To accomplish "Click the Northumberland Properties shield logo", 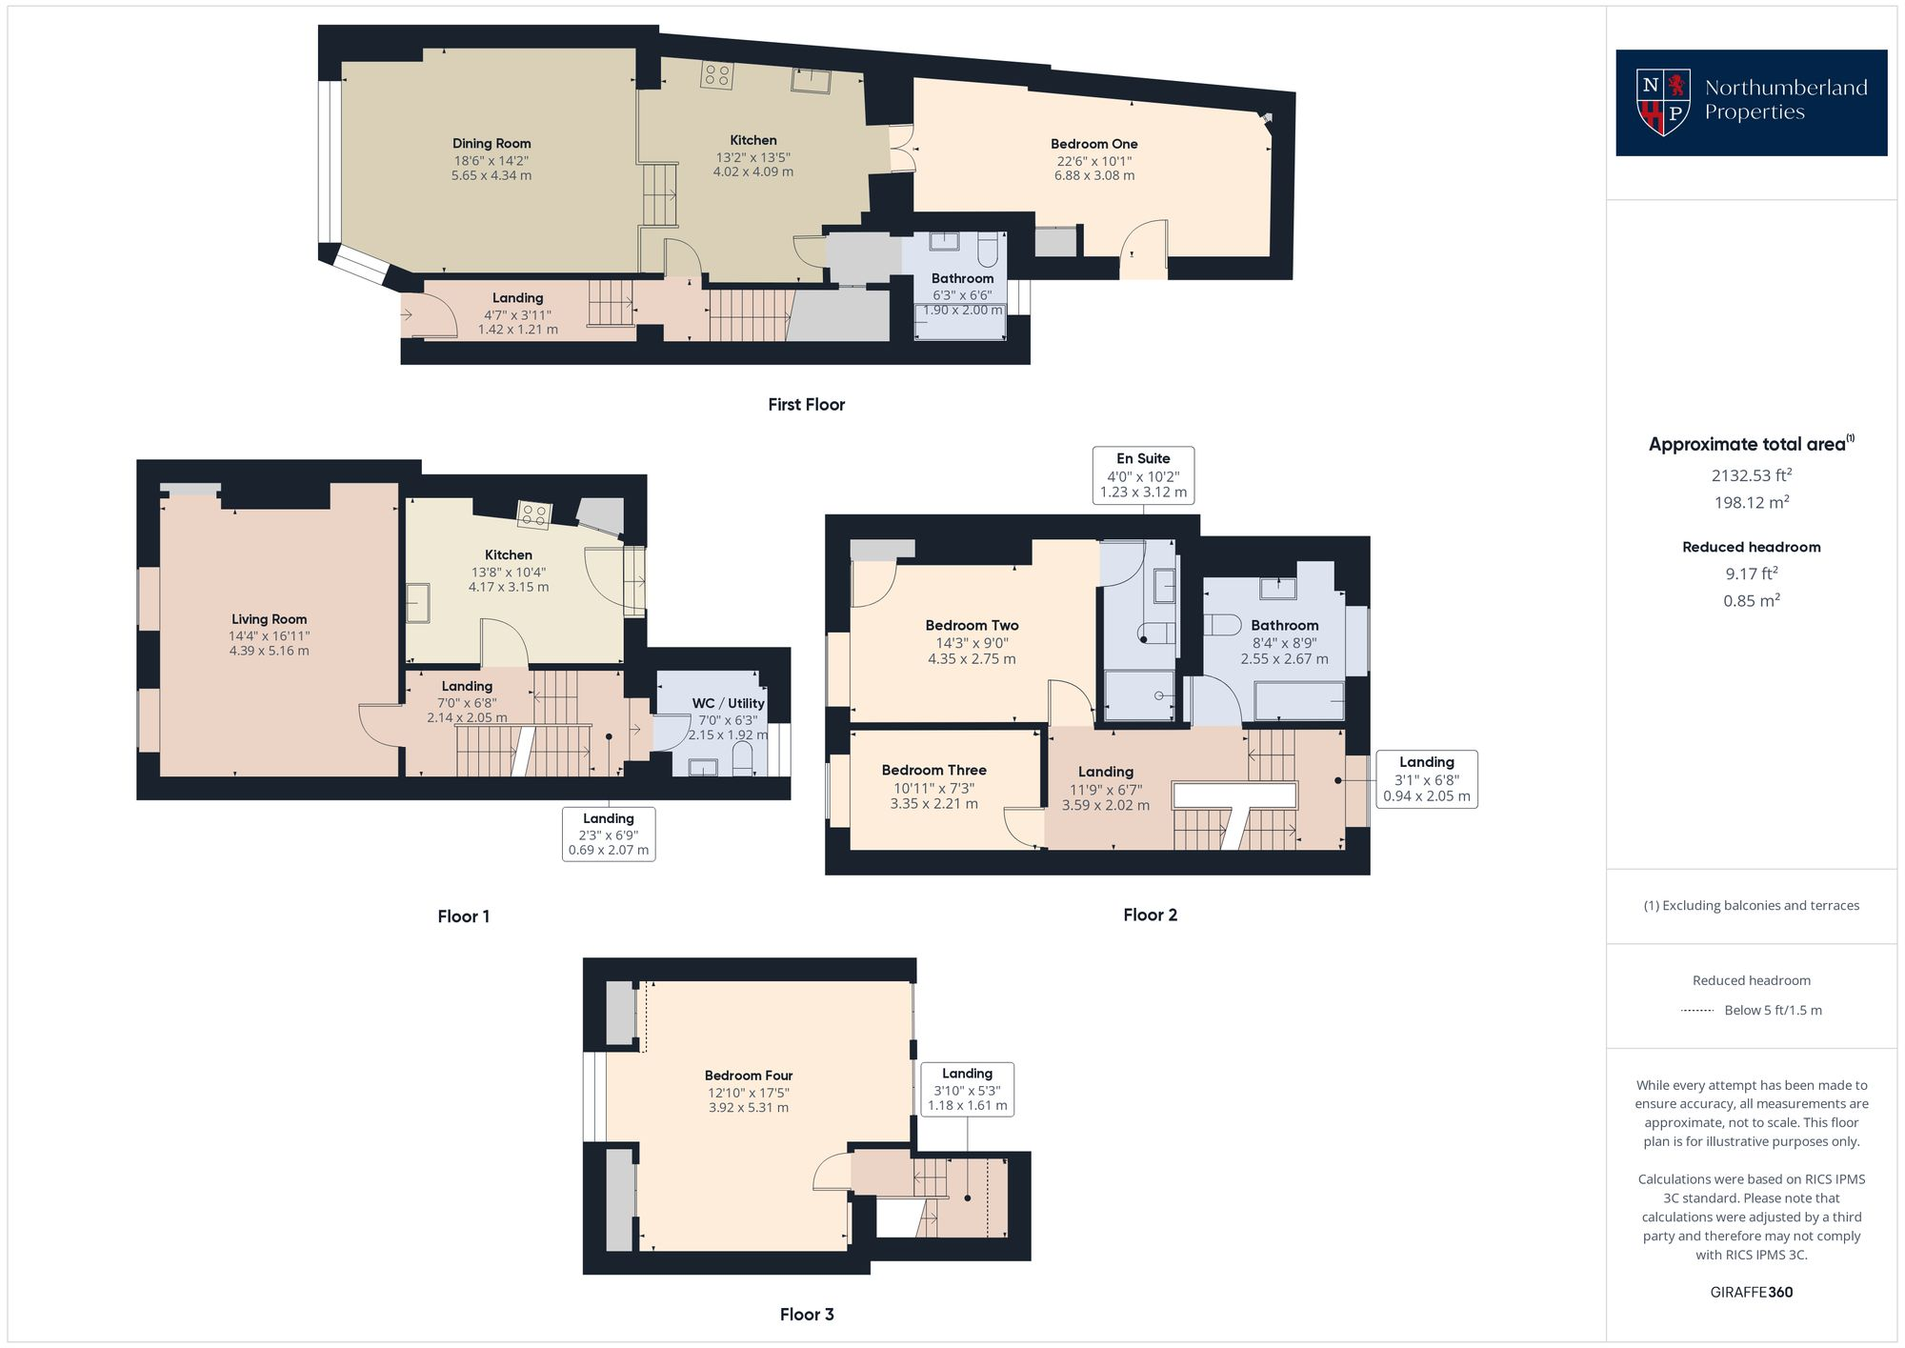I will coord(1662,102).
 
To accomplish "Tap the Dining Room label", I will coord(491,144).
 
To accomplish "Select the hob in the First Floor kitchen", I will coord(716,75).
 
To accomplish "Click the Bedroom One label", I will coord(1093,144).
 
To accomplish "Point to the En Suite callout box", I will coord(1143,474).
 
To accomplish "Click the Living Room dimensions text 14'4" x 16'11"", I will coord(269,635).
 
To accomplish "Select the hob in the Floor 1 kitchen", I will coord(533,515).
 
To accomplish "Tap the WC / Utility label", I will coord(728,703).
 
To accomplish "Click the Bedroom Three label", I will coord(933,770).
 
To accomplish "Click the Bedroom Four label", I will coord(749,1076).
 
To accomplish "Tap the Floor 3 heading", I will coord(807,1314).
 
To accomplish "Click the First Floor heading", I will coord(807,404).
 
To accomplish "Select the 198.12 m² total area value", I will coord(1751,502).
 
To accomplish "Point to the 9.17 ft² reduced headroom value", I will coord(1751,573).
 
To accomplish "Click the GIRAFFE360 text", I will coord(1751,1292).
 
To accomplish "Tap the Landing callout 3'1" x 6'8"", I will coord(1426,778).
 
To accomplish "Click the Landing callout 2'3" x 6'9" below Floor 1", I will coord(608,834).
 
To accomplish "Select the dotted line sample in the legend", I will coord(1698,1011).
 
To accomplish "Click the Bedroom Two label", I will coord(972,626).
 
